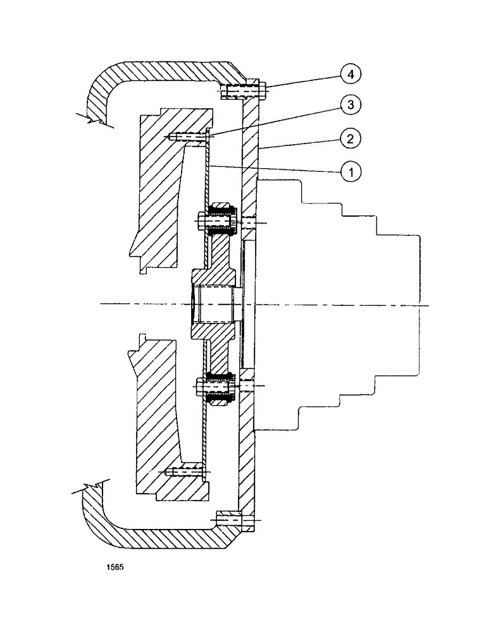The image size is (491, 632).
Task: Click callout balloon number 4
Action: click(x=351, y=74)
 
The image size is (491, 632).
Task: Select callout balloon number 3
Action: click(x=351, y=105)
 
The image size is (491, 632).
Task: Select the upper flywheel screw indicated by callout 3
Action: click(x=187, y=137)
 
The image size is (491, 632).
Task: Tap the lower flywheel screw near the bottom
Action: click(x=183, y=471)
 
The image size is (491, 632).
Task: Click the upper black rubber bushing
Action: click(x=221, y=210)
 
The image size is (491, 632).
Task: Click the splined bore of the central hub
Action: click(x=215, y=304)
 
